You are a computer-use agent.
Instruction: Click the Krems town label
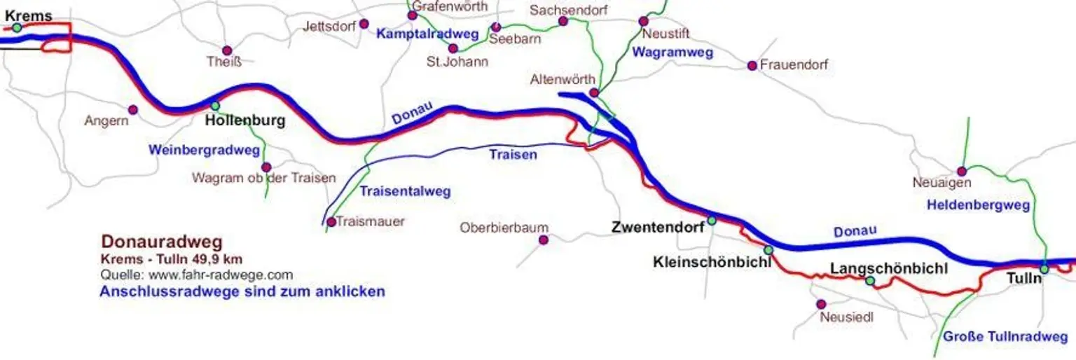click(29, 15)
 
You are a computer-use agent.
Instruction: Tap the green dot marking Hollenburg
click(215, 106)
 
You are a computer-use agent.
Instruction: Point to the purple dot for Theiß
click(227, 50)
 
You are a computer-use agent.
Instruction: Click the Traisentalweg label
click(405, 191)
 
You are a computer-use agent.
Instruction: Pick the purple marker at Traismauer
click(331, 222)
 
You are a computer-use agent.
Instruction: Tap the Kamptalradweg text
click(427, 34)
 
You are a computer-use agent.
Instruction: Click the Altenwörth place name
click(563, 79)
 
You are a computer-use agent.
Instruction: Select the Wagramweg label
click(672, 52)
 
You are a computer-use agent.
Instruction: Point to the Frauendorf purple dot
click(752, 65)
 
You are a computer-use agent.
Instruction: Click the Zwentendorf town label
click(657, 227)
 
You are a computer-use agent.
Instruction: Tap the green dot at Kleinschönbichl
click(768, 250)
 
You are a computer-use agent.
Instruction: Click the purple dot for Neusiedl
click(822, 304)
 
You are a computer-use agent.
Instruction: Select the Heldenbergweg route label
click(978, 205)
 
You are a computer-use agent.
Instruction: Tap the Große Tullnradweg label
click(1005, 337)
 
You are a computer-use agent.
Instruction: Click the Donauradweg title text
click(162, 242)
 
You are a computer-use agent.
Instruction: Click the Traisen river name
click(513, 155)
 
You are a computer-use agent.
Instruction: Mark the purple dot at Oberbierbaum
click(544, 240)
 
